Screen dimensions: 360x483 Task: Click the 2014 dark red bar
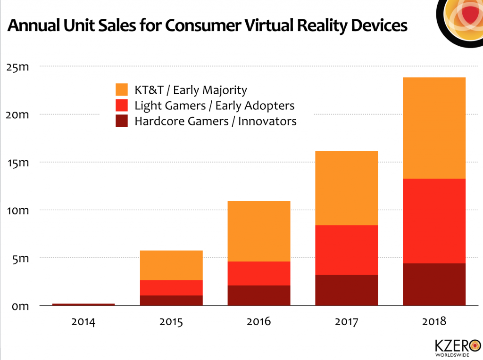coord(83,304)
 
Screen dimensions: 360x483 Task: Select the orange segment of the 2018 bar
coord(434,128)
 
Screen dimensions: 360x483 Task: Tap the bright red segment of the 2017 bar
coord(346,250)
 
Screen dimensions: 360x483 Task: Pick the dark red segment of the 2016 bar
coord(259,295)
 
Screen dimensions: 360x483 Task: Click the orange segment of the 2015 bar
coord(171,265)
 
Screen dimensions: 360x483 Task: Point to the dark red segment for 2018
coord(434,284)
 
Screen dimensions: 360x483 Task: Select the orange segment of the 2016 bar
coord(259,231)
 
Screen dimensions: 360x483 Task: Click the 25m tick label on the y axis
coord(18,66)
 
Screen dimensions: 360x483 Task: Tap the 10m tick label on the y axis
coord(18,210)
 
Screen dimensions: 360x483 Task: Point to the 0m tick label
coord(20,306)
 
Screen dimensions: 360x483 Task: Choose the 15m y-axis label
coord(18,163)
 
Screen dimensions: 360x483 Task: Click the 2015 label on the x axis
coord(171,322)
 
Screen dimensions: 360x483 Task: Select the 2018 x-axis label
coord(434,322)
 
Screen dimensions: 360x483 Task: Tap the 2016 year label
coord(259,322)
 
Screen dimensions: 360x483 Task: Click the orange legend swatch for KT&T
coord(122,90)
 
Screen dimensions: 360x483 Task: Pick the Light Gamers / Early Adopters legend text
coord(214,106)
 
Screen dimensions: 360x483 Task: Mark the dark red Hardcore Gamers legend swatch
coord(122,121)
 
